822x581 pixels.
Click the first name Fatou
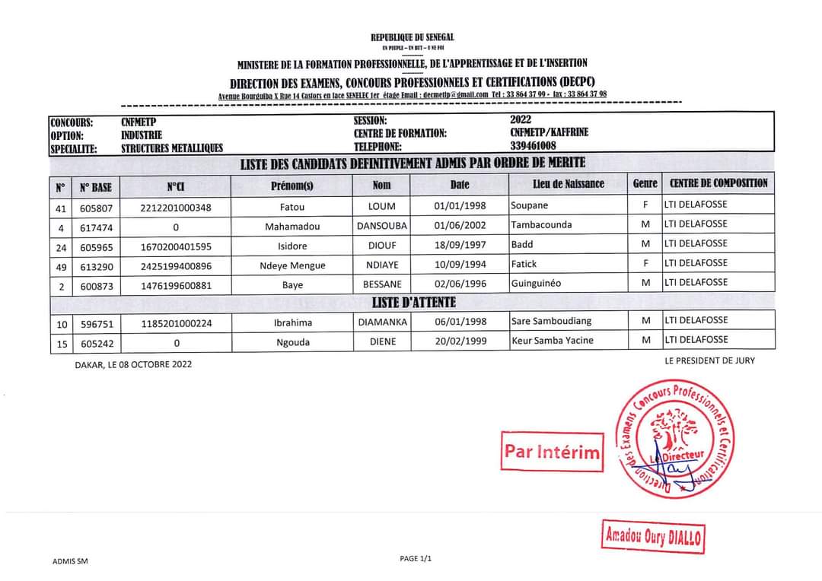pos(292,206)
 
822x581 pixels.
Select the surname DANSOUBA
pos(382,226)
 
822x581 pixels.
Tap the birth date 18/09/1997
pos(460,245)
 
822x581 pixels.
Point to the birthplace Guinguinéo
pos(536,283)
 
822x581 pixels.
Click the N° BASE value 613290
pos(97,266)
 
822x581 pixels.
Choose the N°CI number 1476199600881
pos(176,285)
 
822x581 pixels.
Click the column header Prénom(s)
pos(292,185)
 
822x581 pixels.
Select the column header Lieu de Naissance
pos(569,184)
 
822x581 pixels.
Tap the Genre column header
pos(645,183)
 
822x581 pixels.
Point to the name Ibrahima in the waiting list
pos(293,323)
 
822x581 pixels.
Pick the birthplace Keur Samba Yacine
pos(553,340)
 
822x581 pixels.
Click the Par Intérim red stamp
pos(551,452)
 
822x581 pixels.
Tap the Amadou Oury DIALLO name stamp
pos(654,537)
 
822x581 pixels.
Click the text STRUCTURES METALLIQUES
pos(172,148)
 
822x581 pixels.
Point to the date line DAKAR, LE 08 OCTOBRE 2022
pos(133,364)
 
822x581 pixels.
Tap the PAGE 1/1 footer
pos(416,559)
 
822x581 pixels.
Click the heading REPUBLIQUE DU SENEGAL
pos(413,37)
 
